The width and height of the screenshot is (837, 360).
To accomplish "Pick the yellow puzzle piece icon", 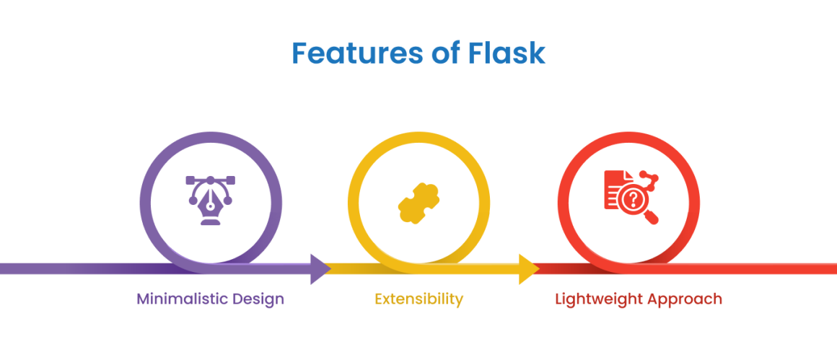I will pos(418,202).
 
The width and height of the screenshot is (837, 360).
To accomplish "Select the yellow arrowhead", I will pos(528,268).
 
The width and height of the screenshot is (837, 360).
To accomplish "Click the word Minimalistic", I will pos(182,299).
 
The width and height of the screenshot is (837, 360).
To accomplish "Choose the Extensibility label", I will pos(418,299).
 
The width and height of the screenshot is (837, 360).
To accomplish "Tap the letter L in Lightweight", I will pos(558,299).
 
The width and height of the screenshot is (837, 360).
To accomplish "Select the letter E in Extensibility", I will pos(378,299).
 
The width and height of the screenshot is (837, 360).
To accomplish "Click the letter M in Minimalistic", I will pos(143,299).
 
